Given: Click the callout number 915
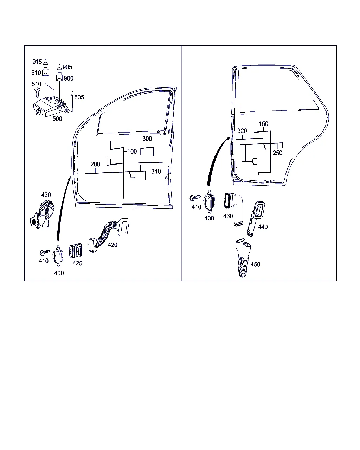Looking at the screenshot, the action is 37,62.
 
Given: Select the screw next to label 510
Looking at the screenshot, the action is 38,92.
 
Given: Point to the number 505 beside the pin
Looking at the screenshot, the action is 79,97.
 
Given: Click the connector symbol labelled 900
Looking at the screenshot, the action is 60,77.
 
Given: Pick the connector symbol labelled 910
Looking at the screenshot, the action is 46,71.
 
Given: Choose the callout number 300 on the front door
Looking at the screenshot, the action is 147,139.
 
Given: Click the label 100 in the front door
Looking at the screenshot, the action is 132,152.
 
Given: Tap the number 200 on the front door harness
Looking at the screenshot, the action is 95,164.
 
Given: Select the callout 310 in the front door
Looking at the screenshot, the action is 156,171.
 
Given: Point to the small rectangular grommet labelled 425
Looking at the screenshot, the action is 76,251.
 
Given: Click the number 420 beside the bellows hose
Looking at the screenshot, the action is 112,245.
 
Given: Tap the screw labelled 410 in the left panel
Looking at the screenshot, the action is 45,252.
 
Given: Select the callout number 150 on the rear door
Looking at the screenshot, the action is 263,124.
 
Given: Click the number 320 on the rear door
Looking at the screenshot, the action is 242,131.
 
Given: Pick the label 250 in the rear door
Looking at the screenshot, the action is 277,153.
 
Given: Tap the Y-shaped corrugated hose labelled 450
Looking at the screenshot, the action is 243,258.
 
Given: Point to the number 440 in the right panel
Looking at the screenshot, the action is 263,227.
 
